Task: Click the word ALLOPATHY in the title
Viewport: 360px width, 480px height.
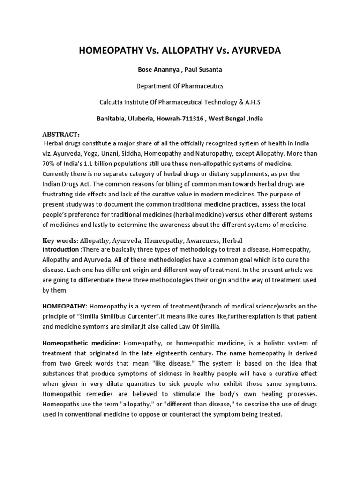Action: pyautogui.click(x=180, y=51)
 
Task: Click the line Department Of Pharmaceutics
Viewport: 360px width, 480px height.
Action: pyautogui.click(x=180, y=86)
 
